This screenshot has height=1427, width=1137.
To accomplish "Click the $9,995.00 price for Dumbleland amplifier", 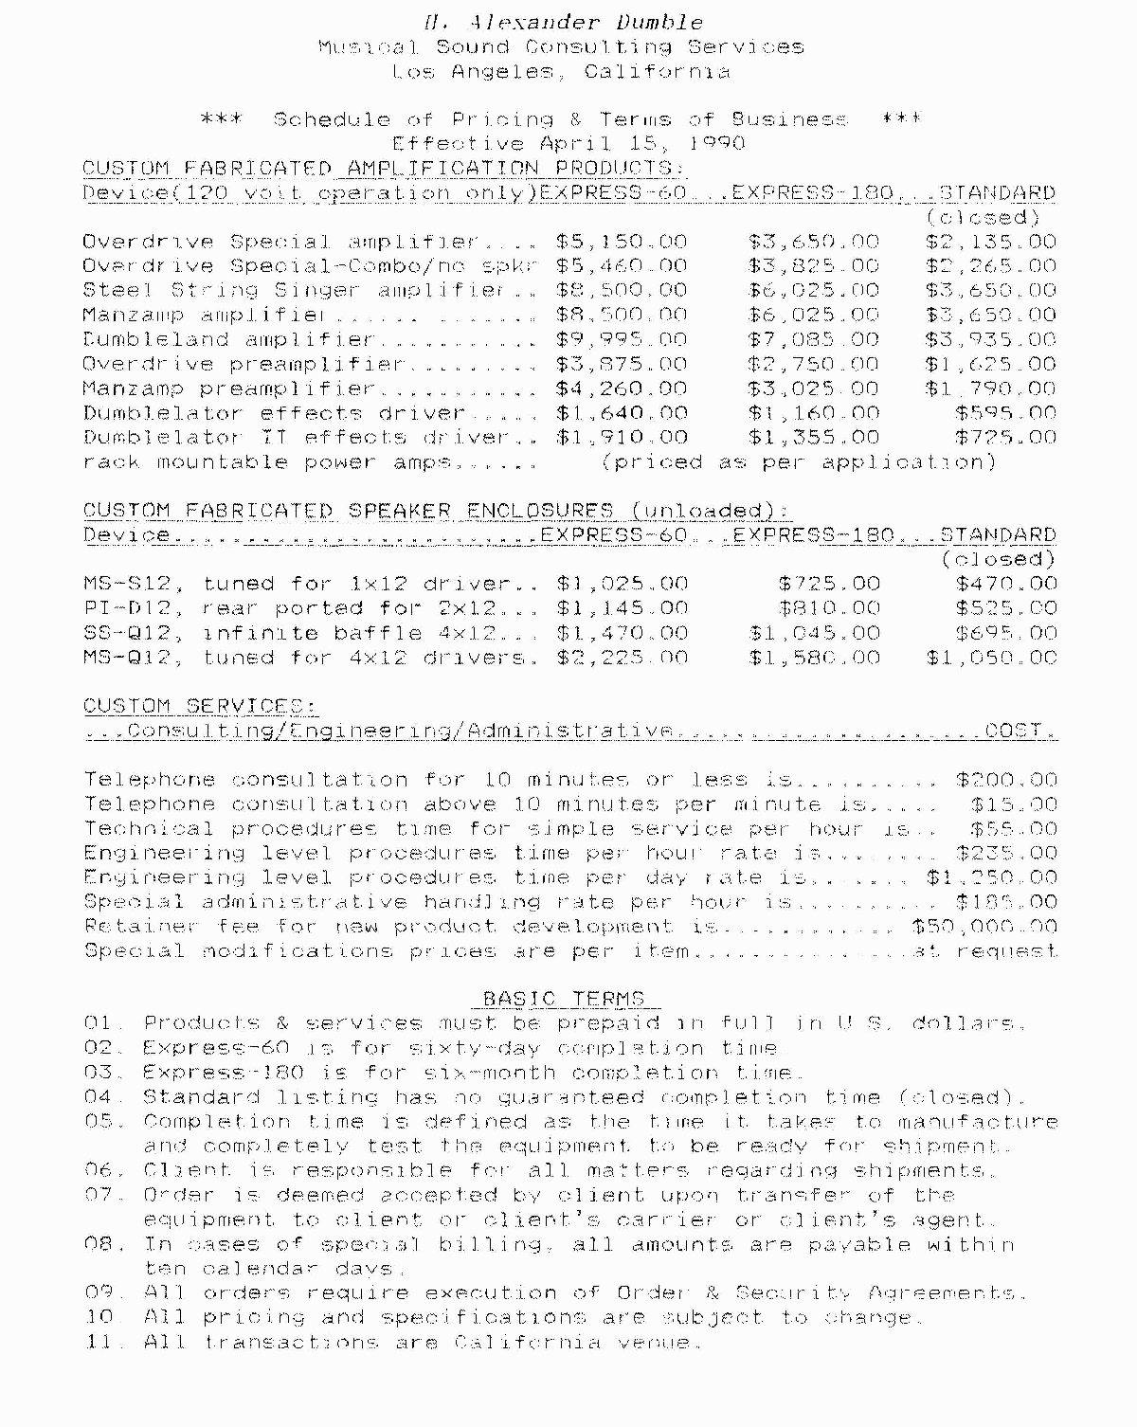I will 622,339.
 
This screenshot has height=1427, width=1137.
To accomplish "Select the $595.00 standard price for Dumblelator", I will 1005,413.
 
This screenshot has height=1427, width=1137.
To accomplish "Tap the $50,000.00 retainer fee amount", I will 984,927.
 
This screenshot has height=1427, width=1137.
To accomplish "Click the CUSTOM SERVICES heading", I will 199,707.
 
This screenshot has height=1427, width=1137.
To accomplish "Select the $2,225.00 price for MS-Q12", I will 622,658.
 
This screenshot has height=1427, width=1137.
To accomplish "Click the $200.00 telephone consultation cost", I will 1006,780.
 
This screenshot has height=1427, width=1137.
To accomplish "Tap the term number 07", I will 99,1196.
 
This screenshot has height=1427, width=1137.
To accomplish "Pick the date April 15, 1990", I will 641,144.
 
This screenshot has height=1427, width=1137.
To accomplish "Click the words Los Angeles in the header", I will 473,72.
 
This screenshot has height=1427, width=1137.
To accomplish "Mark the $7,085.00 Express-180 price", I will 813,339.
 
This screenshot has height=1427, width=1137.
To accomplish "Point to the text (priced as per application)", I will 799,462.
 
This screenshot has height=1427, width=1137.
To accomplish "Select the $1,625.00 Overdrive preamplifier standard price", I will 990,364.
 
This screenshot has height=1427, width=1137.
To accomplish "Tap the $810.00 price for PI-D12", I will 829,609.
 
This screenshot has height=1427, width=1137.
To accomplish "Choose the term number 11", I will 99,1343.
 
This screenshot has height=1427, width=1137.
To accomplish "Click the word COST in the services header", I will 1020,731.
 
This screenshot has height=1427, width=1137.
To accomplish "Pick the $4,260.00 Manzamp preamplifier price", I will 622,388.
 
